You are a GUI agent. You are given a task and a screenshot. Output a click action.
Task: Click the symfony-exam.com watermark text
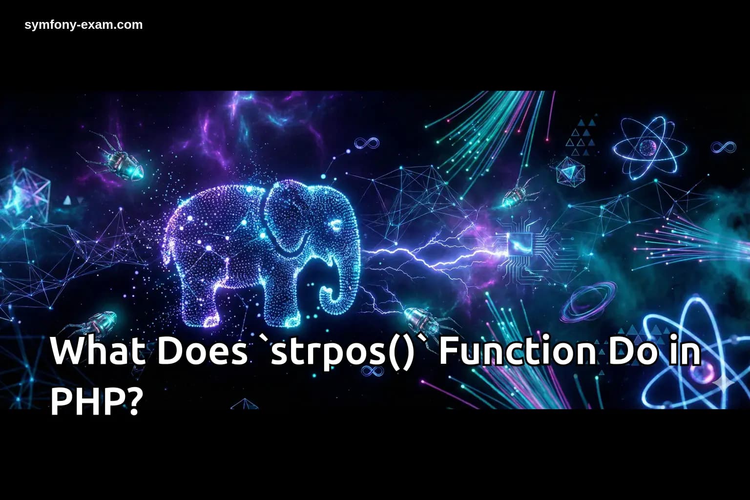coord(83,25)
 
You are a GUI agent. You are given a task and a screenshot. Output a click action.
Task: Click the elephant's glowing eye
coord(336,225)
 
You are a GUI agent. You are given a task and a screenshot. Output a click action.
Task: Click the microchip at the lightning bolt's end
coord(519,243)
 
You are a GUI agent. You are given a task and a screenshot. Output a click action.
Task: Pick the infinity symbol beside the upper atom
coord(723,146)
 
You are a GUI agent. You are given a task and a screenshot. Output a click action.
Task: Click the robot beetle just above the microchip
coord(516,195)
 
